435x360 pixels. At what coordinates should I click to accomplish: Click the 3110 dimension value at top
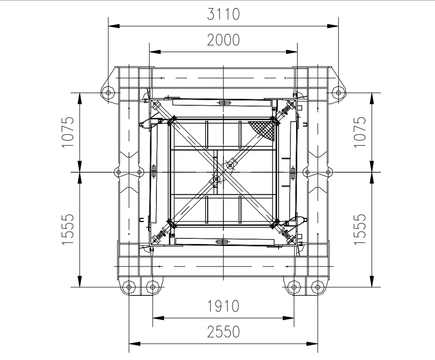click(x=223, y=14)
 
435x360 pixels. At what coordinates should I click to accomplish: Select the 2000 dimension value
click(x=223, y=40)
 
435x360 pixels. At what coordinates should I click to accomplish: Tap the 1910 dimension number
click(x=223, y=306)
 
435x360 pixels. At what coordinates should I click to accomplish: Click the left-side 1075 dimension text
click(x=68, y=132)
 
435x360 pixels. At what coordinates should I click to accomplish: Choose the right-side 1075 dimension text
click(x=360, y=132)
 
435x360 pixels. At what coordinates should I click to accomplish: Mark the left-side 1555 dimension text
click(x=68, y=229)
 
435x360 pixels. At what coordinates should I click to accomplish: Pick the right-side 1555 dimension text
click(x=360, y=229)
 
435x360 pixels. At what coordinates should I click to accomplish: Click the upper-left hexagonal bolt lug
click(x=108, y=92)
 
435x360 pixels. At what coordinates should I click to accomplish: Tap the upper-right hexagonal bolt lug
click(x=338, y=92)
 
